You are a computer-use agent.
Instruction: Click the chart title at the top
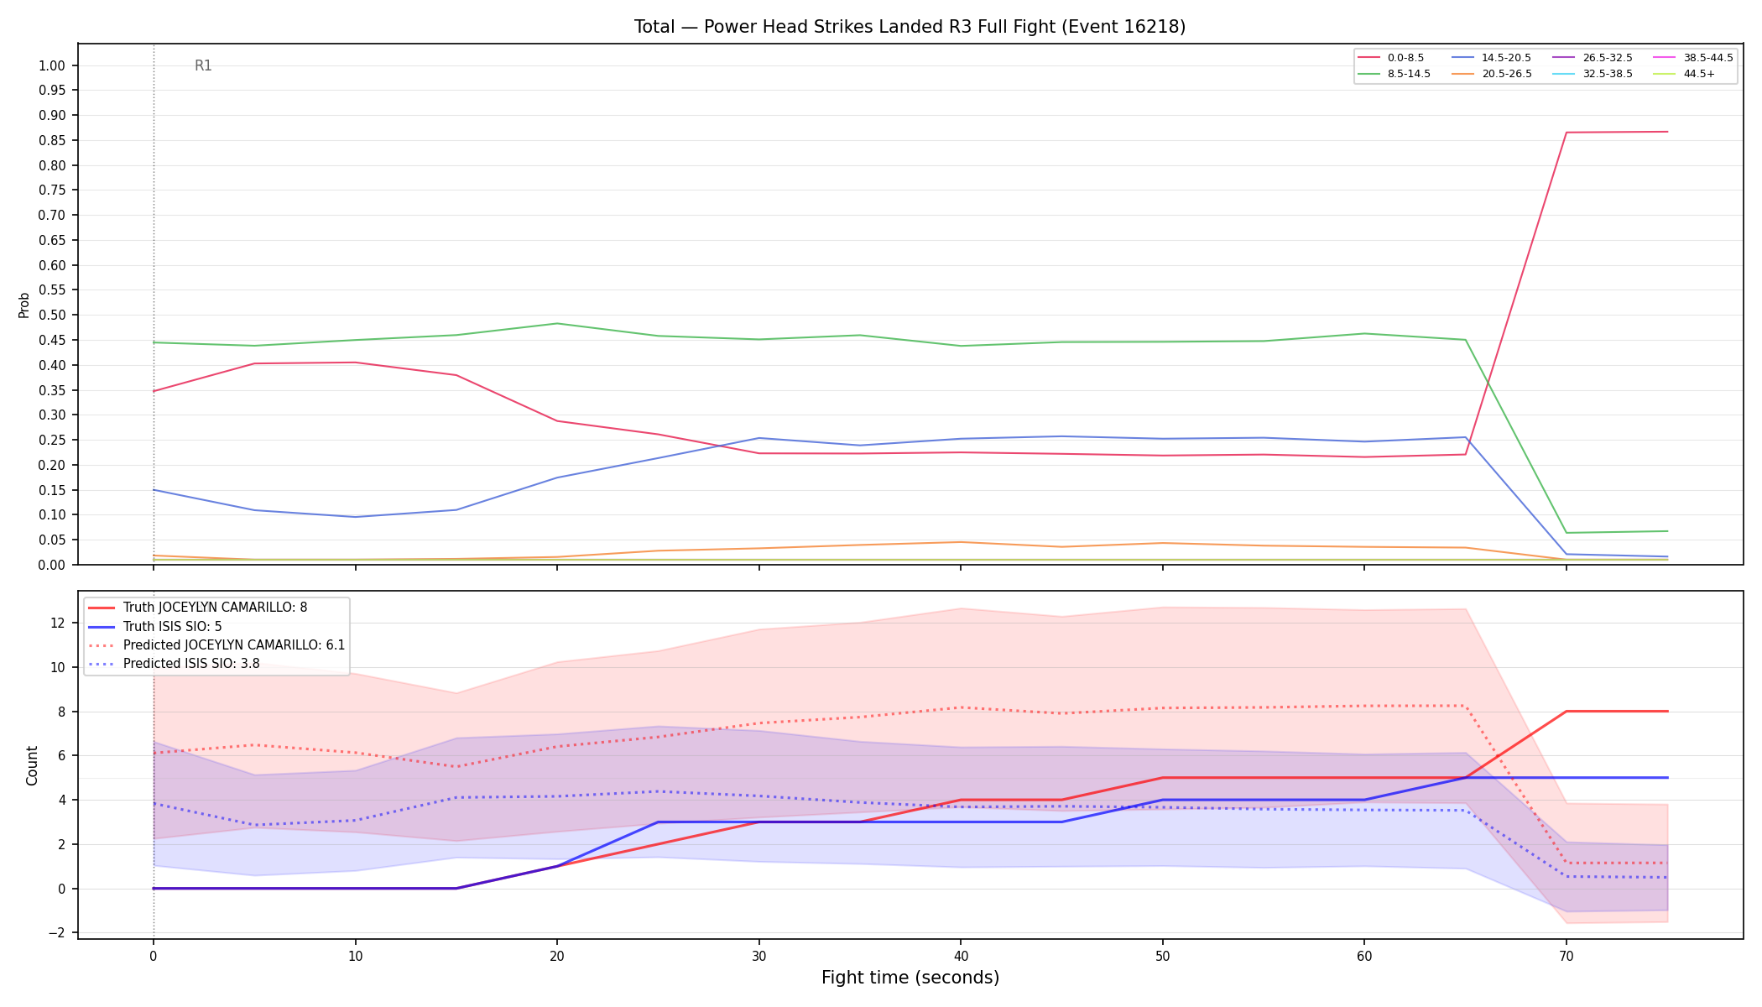[x=910, y=27]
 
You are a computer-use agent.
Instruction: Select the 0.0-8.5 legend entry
[x=1390, y=58]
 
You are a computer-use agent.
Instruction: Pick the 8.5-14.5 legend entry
[x=1394, y=74]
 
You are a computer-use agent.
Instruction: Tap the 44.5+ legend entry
[x=1683, y=74]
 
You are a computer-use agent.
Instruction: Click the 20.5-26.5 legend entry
[x=1491, y=74]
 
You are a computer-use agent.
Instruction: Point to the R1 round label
[x=203, y=65]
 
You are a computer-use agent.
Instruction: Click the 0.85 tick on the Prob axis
[x=53, y=140]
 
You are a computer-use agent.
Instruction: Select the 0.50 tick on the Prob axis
[x=53, y=316]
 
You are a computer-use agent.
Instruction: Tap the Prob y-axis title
[x=24, y=305]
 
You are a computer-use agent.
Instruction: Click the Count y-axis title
[x=33, y=765]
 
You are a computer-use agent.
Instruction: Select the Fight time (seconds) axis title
[x=910, y=978]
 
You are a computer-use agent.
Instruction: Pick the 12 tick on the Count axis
[x=58, y=623]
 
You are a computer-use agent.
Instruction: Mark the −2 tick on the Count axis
[x=58, y=933]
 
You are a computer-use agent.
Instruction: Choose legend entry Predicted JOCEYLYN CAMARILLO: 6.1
[x=216, y=645]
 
